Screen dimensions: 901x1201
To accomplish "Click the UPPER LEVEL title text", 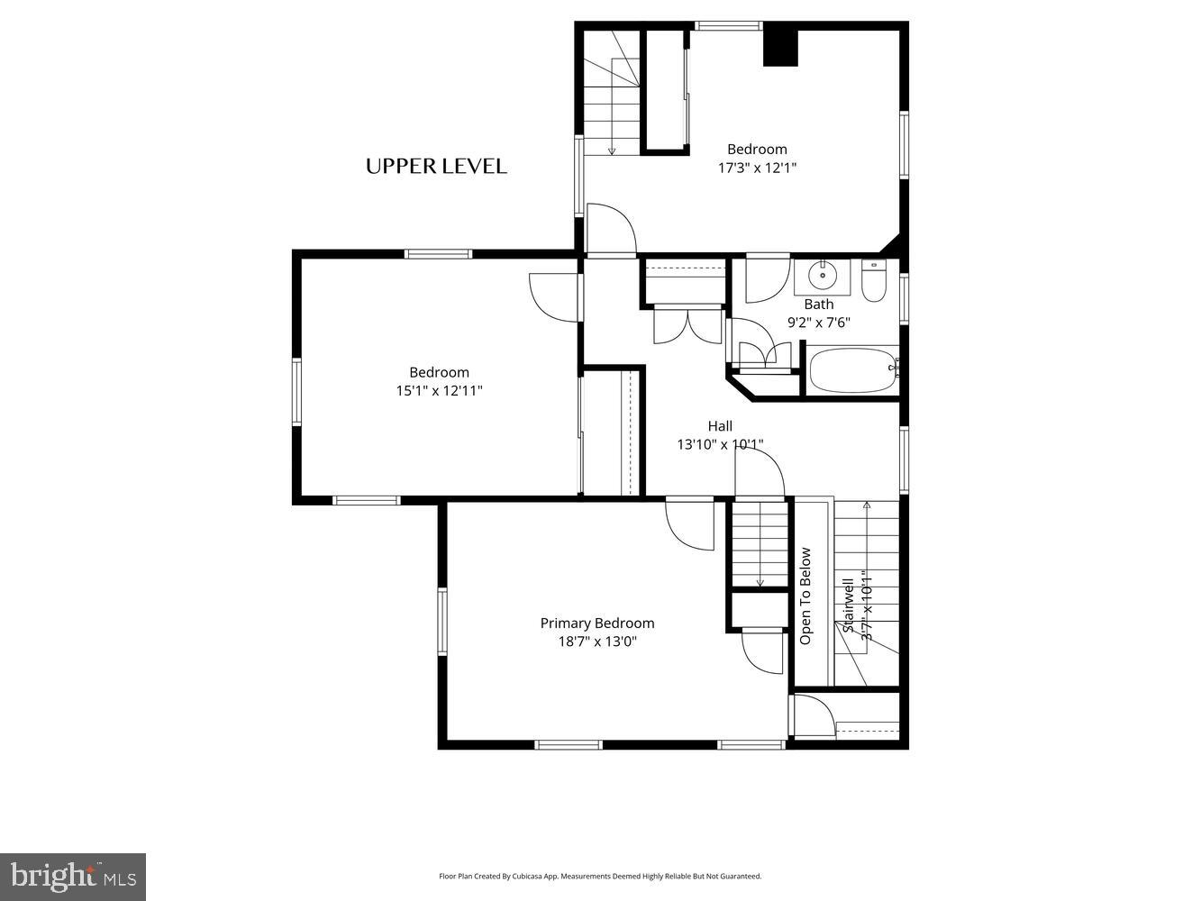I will pos(436,166).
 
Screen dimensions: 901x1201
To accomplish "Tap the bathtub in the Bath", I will pos(852,371).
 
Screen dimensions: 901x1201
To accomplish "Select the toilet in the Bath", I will pos(874,281).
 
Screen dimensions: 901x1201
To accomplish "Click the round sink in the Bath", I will pos(822,274).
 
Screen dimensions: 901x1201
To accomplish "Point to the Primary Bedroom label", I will pos(597,623).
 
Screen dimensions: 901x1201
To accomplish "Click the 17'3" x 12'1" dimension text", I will pos(757,168).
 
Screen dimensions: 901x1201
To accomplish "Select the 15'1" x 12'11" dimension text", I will pos(439,391).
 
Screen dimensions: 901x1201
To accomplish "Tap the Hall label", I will pos(720,426).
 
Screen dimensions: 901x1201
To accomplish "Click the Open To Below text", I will pos(805,596).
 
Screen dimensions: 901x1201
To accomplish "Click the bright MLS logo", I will pos(73,877).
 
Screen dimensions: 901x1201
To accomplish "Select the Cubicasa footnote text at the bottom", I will pos(600,876).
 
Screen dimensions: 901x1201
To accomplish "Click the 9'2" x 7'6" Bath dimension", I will pos(819,322).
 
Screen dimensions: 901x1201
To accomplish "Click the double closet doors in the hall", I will pos(687,326).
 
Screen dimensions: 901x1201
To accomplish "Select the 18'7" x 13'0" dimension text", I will pos(597,642).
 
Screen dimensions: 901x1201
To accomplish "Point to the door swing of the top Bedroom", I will pos(610,230).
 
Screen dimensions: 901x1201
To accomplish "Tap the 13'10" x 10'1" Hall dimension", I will pos(720,444).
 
